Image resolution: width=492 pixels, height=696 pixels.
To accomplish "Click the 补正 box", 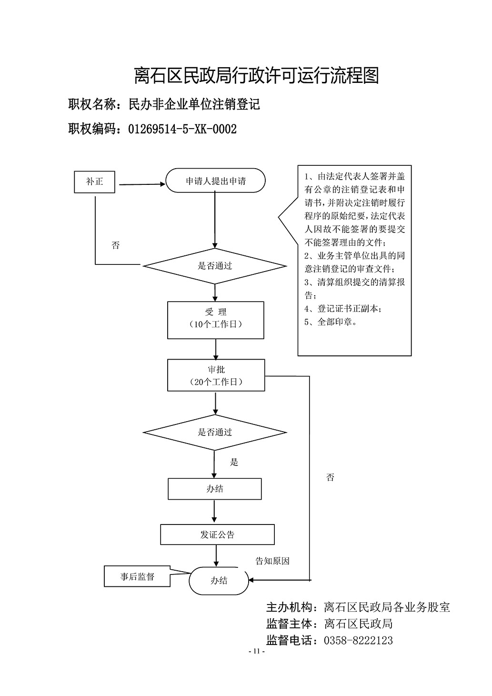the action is coord(94,182).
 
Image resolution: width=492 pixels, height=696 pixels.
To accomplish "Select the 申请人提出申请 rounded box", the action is coord(216,181).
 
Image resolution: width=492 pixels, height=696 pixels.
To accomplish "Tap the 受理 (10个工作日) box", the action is coord(216,320).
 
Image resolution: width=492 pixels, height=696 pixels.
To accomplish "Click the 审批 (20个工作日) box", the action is coord(216,375).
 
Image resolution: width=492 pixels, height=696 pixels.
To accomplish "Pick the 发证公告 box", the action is coord(217,535).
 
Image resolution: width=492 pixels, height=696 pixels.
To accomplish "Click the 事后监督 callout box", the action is coord(137,576).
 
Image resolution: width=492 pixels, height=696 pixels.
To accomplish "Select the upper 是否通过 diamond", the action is coord(215,266).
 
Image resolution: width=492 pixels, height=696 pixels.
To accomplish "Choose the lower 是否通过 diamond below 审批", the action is coord(215,432).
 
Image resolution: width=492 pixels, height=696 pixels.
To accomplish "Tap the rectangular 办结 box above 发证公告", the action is coord(215,489).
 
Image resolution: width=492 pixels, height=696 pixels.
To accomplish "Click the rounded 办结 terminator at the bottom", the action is coord(219,580).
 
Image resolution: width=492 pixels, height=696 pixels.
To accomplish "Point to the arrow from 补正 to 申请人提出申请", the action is coord(142,184).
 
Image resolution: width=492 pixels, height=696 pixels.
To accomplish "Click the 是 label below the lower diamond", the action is coord(234,462).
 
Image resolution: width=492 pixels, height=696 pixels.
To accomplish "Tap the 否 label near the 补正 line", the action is coord(115,245).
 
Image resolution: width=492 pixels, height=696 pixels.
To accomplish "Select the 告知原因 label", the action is coord(272,561).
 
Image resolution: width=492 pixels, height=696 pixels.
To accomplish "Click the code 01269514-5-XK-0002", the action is coord(182,129).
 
